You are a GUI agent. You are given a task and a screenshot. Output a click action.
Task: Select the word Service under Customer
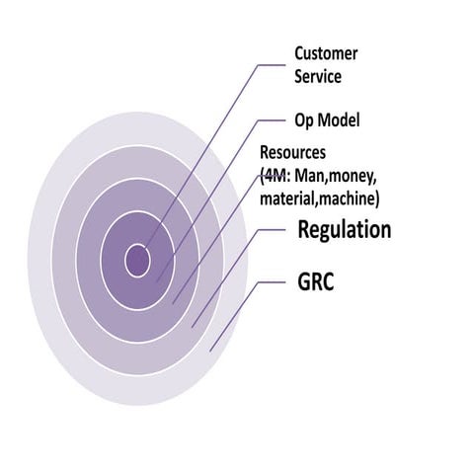coord(316,75)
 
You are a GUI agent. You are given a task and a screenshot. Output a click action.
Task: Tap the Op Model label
coord(327,120)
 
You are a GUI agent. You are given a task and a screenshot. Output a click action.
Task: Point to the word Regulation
coord(344,230)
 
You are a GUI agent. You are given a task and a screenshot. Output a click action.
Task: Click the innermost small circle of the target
coord(137,261)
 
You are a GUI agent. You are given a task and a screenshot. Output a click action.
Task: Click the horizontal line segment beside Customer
coord(271,66)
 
